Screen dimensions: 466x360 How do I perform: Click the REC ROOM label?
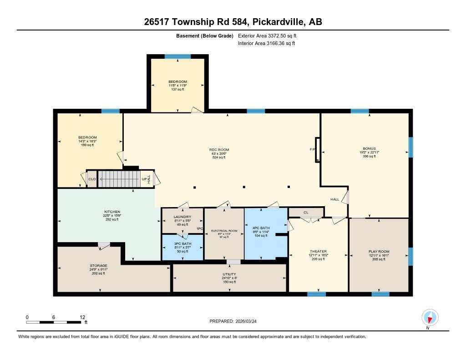[x=219, y=150]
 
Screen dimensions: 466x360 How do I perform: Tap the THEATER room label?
[x=318, y=251]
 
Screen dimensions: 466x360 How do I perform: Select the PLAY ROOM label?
[x=379, y=252]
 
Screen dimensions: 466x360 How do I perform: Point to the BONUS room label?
[x=369, y=148]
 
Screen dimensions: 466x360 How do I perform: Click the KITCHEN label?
[x=112, y=212]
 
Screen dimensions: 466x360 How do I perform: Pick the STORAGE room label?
[x=98, y=265]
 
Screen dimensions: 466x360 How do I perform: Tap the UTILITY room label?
[x=229, y=274]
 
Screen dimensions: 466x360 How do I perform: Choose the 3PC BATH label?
[x=182, y=243]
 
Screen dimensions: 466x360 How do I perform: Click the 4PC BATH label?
[x=261, y=228]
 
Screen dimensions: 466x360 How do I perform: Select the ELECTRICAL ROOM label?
[x=224, y=231]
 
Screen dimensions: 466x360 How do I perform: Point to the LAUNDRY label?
[x=182, y=217]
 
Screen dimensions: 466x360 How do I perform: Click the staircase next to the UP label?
[x=119, y=179]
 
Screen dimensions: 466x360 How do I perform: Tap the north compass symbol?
[x=430, y=318]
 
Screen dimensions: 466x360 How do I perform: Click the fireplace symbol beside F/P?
[x=317, y=150]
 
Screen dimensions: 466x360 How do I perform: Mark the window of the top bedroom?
[x=178, y=56]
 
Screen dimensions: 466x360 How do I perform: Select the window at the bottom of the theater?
[x=317, y=294]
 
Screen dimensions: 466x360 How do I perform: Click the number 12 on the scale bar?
[x=82, y=317]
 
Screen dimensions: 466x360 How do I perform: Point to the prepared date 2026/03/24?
[x=246, y=321]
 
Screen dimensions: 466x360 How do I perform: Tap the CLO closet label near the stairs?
[x=92, y=179]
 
